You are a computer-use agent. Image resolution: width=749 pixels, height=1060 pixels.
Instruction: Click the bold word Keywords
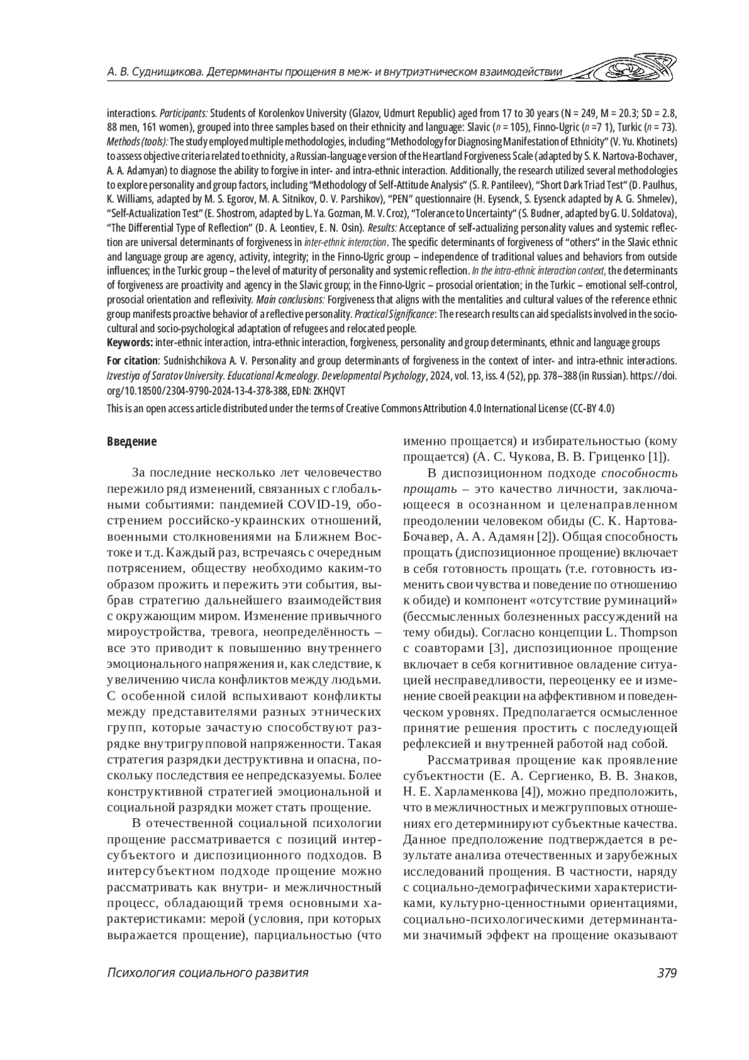(x=129, y=342)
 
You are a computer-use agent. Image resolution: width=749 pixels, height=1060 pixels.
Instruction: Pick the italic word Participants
(x=184, y=113)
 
